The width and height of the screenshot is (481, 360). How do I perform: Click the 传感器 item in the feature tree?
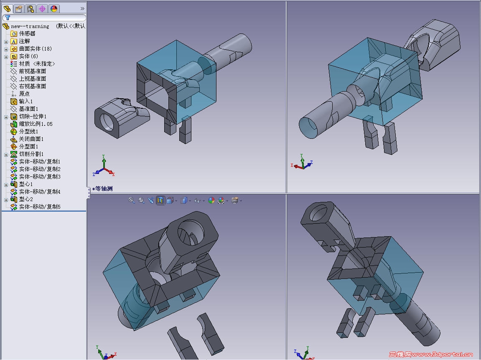27,33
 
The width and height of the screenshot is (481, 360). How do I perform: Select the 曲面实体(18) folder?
35,49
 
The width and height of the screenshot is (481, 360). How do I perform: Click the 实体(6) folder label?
28,56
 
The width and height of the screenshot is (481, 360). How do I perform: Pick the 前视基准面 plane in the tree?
33,71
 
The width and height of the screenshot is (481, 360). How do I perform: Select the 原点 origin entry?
24,94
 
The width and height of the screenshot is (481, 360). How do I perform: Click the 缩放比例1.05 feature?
36,124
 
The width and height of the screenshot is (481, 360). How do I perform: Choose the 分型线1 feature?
28,131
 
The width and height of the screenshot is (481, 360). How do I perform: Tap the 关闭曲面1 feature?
31,139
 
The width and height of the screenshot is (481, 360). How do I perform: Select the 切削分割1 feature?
31,154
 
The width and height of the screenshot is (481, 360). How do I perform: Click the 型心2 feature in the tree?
26,199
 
